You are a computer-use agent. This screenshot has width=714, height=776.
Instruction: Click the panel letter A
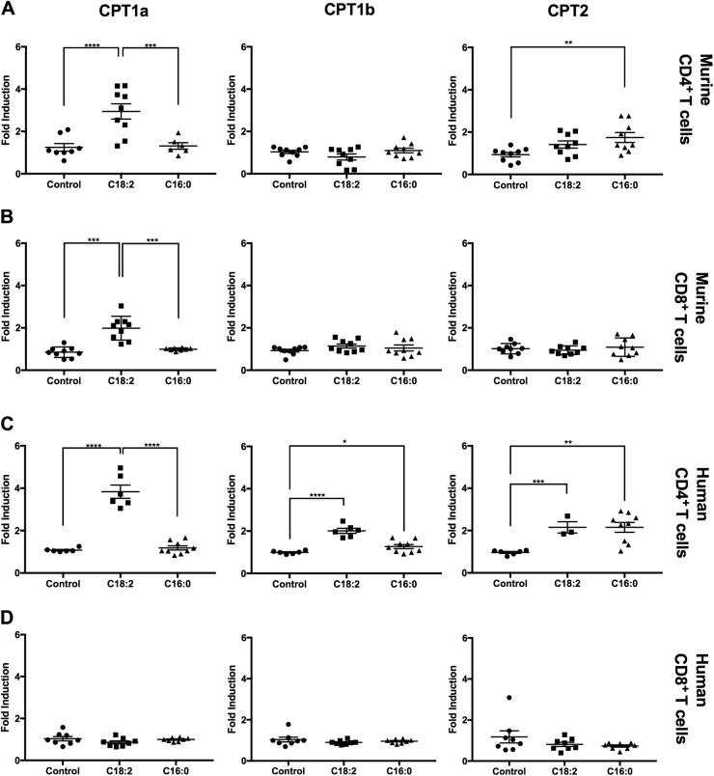(x=9, y=13)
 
